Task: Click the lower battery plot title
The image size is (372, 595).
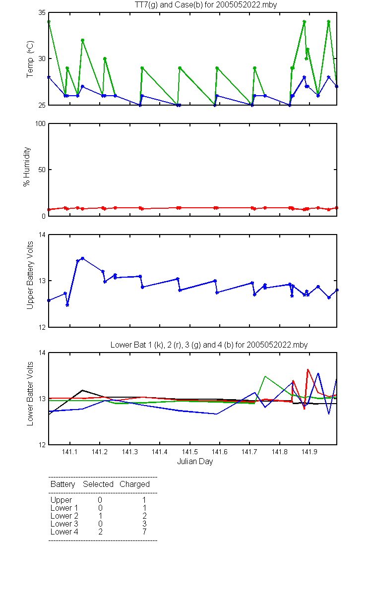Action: (209, 345)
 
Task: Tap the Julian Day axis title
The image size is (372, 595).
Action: (195, 462)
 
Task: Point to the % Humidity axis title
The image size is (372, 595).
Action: (27, 167)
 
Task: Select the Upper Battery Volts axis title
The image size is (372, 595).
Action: (30, 275)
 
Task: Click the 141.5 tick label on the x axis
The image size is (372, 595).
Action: (189, 452)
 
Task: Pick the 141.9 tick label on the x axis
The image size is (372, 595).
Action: (310, 452)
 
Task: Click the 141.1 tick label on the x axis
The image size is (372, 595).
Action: (69, 452)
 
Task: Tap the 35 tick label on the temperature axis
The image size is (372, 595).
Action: (42, 12)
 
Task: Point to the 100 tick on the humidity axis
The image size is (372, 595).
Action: (40, 123)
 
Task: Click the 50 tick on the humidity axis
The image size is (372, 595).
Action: (42, 170)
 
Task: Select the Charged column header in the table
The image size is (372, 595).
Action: (134, 484)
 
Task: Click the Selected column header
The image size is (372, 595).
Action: (98, 484)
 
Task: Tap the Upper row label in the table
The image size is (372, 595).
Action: (61, 500)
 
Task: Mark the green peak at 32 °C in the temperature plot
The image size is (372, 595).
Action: (83, 40)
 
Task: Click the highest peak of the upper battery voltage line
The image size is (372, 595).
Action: (82, 258)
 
